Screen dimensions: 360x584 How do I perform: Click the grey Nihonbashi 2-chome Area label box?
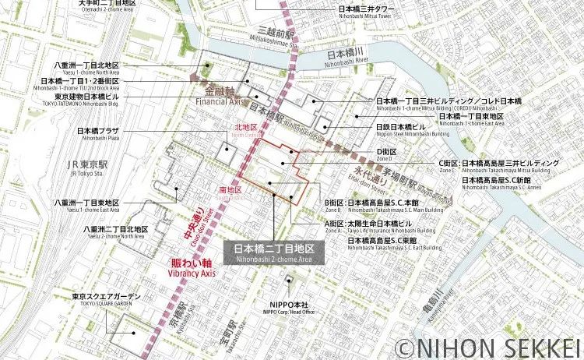[274, 253]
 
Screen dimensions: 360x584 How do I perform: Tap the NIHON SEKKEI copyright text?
[487, 345]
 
